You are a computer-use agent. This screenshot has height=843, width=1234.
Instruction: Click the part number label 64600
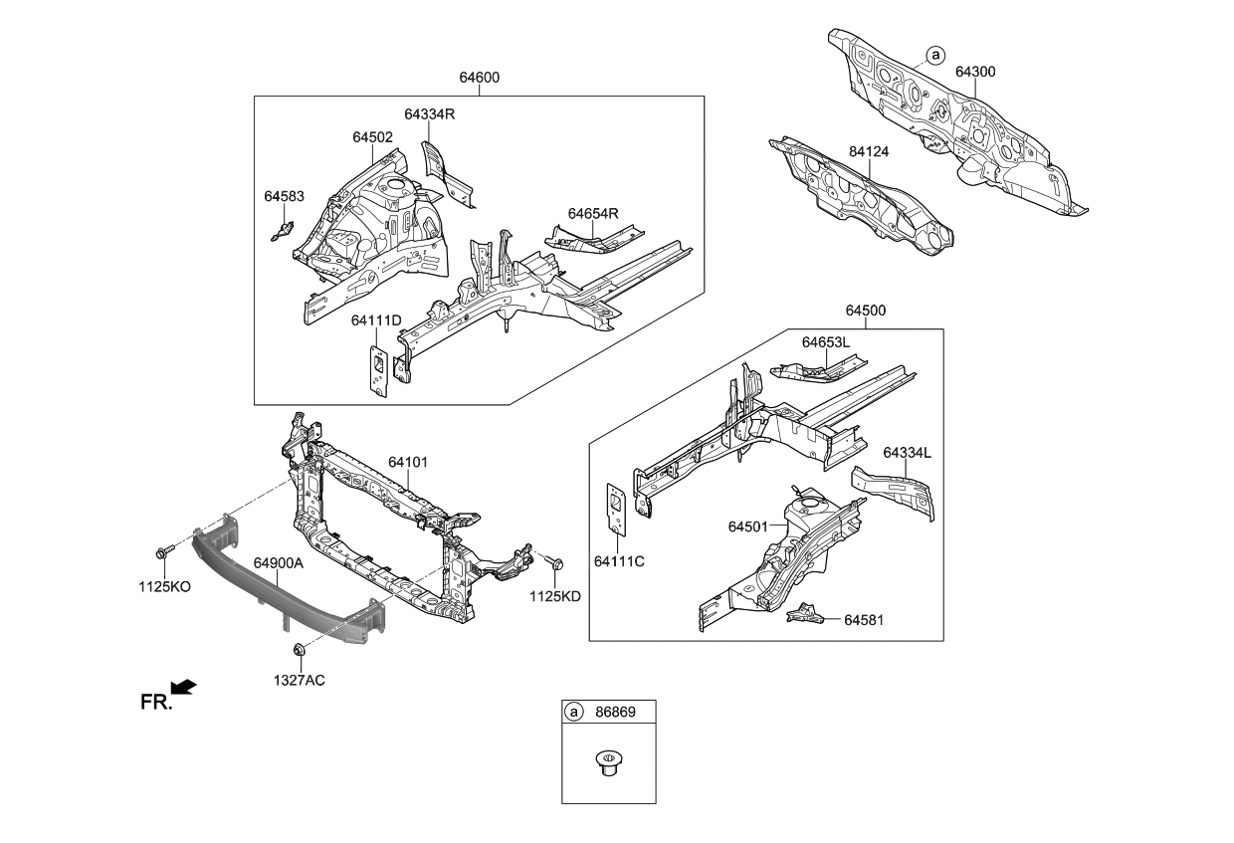tap(479, 78)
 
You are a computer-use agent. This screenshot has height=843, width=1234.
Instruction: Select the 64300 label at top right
tap(975, 72)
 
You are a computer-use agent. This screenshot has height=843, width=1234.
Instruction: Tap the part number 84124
tap(868, 151)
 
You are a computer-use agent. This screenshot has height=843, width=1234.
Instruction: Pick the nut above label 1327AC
tap(298, 651)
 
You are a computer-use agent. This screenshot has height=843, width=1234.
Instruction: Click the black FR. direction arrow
tap(184, 687)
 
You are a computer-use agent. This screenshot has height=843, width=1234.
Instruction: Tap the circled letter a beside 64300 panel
tap(933, 54)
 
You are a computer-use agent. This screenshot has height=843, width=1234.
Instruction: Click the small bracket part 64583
tap(282, 232)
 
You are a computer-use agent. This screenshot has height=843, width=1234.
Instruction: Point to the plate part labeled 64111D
tap(379, 370)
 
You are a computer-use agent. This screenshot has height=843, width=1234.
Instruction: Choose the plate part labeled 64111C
tap(616, 509)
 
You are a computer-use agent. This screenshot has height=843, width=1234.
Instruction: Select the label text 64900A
tap(278, 563)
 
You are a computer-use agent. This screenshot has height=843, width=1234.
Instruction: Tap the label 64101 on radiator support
tap(408, 462)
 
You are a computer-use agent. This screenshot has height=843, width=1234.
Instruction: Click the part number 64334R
tap(429, 114)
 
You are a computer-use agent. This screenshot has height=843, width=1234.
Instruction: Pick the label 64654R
tap(593, 213)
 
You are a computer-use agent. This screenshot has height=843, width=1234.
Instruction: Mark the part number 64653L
tap(826, 341)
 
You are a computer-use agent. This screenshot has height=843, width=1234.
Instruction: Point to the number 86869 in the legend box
tap(615, 713)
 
